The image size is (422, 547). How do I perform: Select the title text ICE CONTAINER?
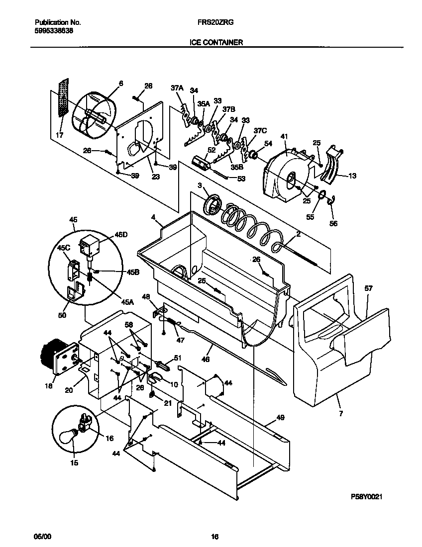[216, 43]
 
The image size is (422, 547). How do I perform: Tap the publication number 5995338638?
[55, 30]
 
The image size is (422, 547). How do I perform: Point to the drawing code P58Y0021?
[367, 497]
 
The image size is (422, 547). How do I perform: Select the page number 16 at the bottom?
[214, 537]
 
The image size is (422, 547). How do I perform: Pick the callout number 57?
[368, 288]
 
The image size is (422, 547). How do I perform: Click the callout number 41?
[284, 136]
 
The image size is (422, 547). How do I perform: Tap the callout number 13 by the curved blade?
[352, 175]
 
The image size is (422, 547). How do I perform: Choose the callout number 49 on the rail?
[280, 418]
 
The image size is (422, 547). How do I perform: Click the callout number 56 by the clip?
[333, 224]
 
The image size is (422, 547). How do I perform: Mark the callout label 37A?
[177, 88]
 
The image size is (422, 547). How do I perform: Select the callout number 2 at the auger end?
[298, 233]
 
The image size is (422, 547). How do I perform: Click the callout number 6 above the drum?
[120, 84]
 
